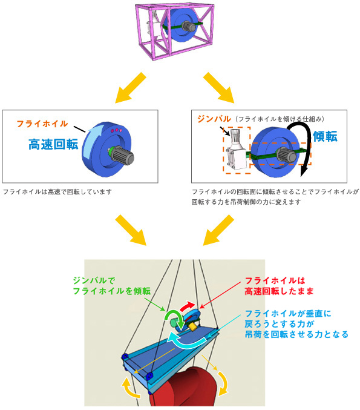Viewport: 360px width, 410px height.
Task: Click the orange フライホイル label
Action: pyautogui.click(x=42, y=124)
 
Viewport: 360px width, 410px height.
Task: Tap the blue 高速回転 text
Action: pyautogui.click(x=53, y=144)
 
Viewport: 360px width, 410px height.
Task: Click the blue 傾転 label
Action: pyautogui.click(x=325, y=136)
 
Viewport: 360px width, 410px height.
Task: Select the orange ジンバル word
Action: pyautogui.click(x=214, y=119)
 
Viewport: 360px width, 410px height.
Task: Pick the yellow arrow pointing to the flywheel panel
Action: pyautogui.click(x=131, y=88)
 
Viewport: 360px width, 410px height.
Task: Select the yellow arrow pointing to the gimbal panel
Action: pyautogui.click(x=218, y=88)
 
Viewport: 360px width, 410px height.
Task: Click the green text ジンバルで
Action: pyautogui.click(x=94, y=280)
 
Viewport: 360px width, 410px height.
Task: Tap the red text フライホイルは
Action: pyautogui.click(x=275, y=280)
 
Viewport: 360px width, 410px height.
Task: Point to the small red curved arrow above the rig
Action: pyautogui.click(x=188, y=306)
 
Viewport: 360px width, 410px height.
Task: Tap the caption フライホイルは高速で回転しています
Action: pyautogui.click(x=57, y=191)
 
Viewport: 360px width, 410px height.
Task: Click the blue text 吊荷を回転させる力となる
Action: pyautogui.click(x=296, y=334)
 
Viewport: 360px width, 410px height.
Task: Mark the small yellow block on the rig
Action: pyautogui.click(x=193, y=326)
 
